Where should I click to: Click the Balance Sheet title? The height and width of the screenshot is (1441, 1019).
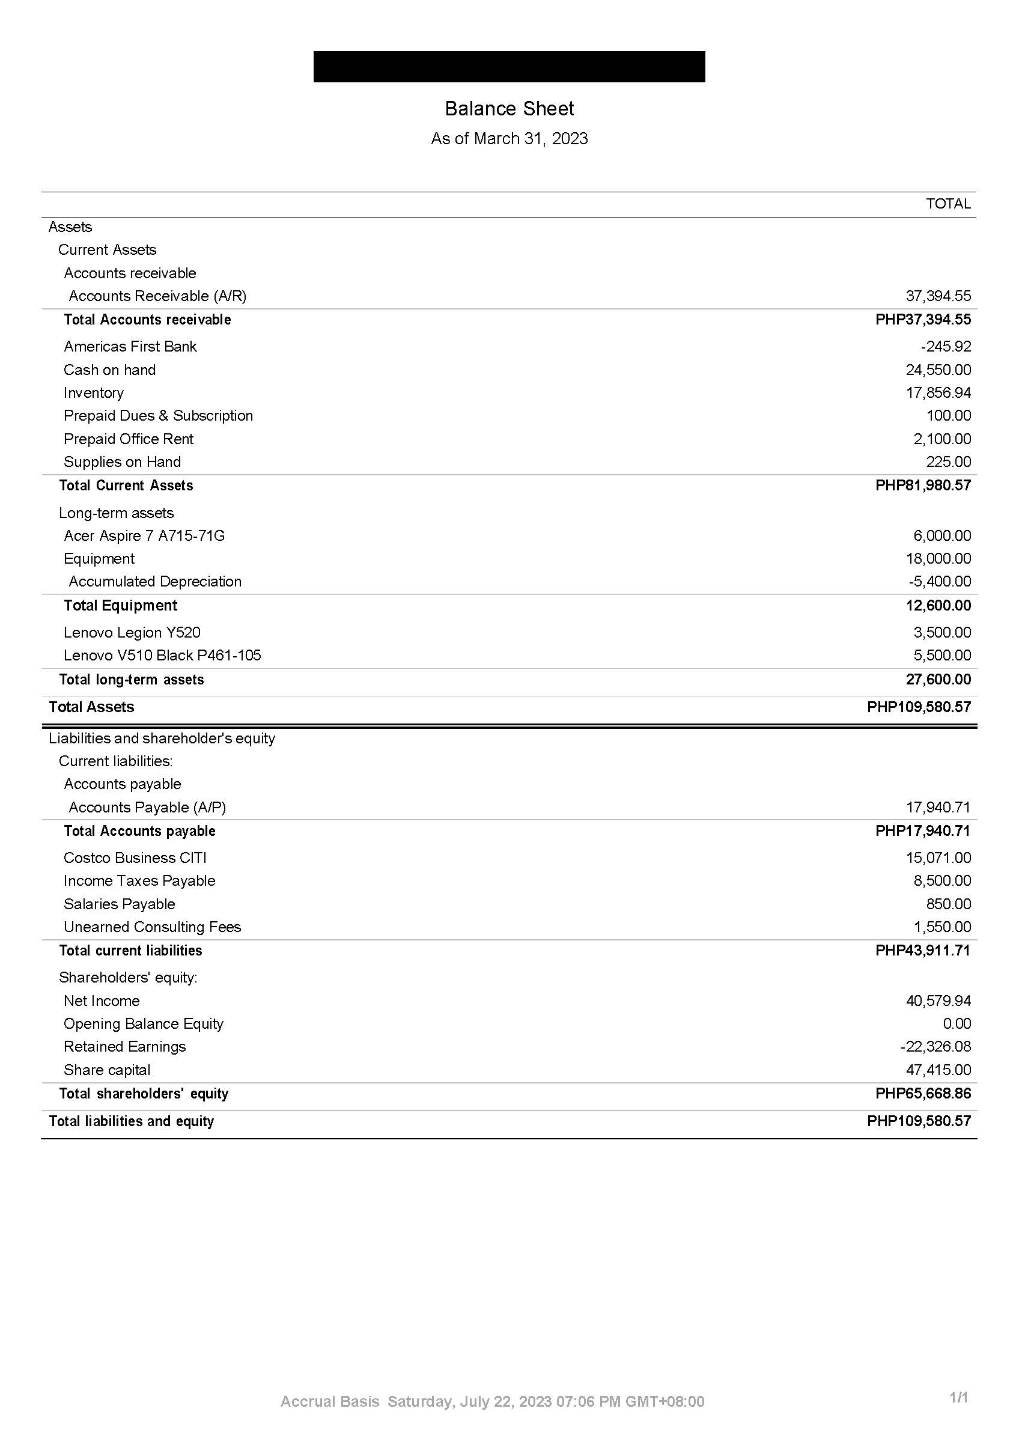point(509,109)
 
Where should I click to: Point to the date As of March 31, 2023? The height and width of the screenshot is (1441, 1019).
point(509,138)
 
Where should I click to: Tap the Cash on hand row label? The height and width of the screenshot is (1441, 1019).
point(109,370)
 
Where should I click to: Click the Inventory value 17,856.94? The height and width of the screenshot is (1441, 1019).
point(938,393)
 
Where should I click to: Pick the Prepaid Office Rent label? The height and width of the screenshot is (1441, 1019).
point(128,439)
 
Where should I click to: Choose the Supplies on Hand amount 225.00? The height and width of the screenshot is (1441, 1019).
point(948,462)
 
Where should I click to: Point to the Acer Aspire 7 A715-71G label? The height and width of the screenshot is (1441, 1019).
point(144,535)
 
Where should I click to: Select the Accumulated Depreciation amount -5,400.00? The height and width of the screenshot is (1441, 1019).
point(939,581)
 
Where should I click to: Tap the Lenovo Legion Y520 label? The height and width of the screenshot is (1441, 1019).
point(132,632)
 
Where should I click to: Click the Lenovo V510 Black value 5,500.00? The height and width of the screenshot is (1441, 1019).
point(942,655)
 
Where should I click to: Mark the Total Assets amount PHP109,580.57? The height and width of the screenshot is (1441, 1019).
point(919,707)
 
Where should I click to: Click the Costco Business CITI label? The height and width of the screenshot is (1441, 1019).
point(135,858)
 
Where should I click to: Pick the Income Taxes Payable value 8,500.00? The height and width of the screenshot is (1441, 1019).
point(942,880)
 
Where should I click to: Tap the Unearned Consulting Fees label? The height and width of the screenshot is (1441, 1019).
point(152,927)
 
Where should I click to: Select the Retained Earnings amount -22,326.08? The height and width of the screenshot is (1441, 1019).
point(935,1046)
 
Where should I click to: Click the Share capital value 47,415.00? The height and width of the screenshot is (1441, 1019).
point(938,1070)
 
